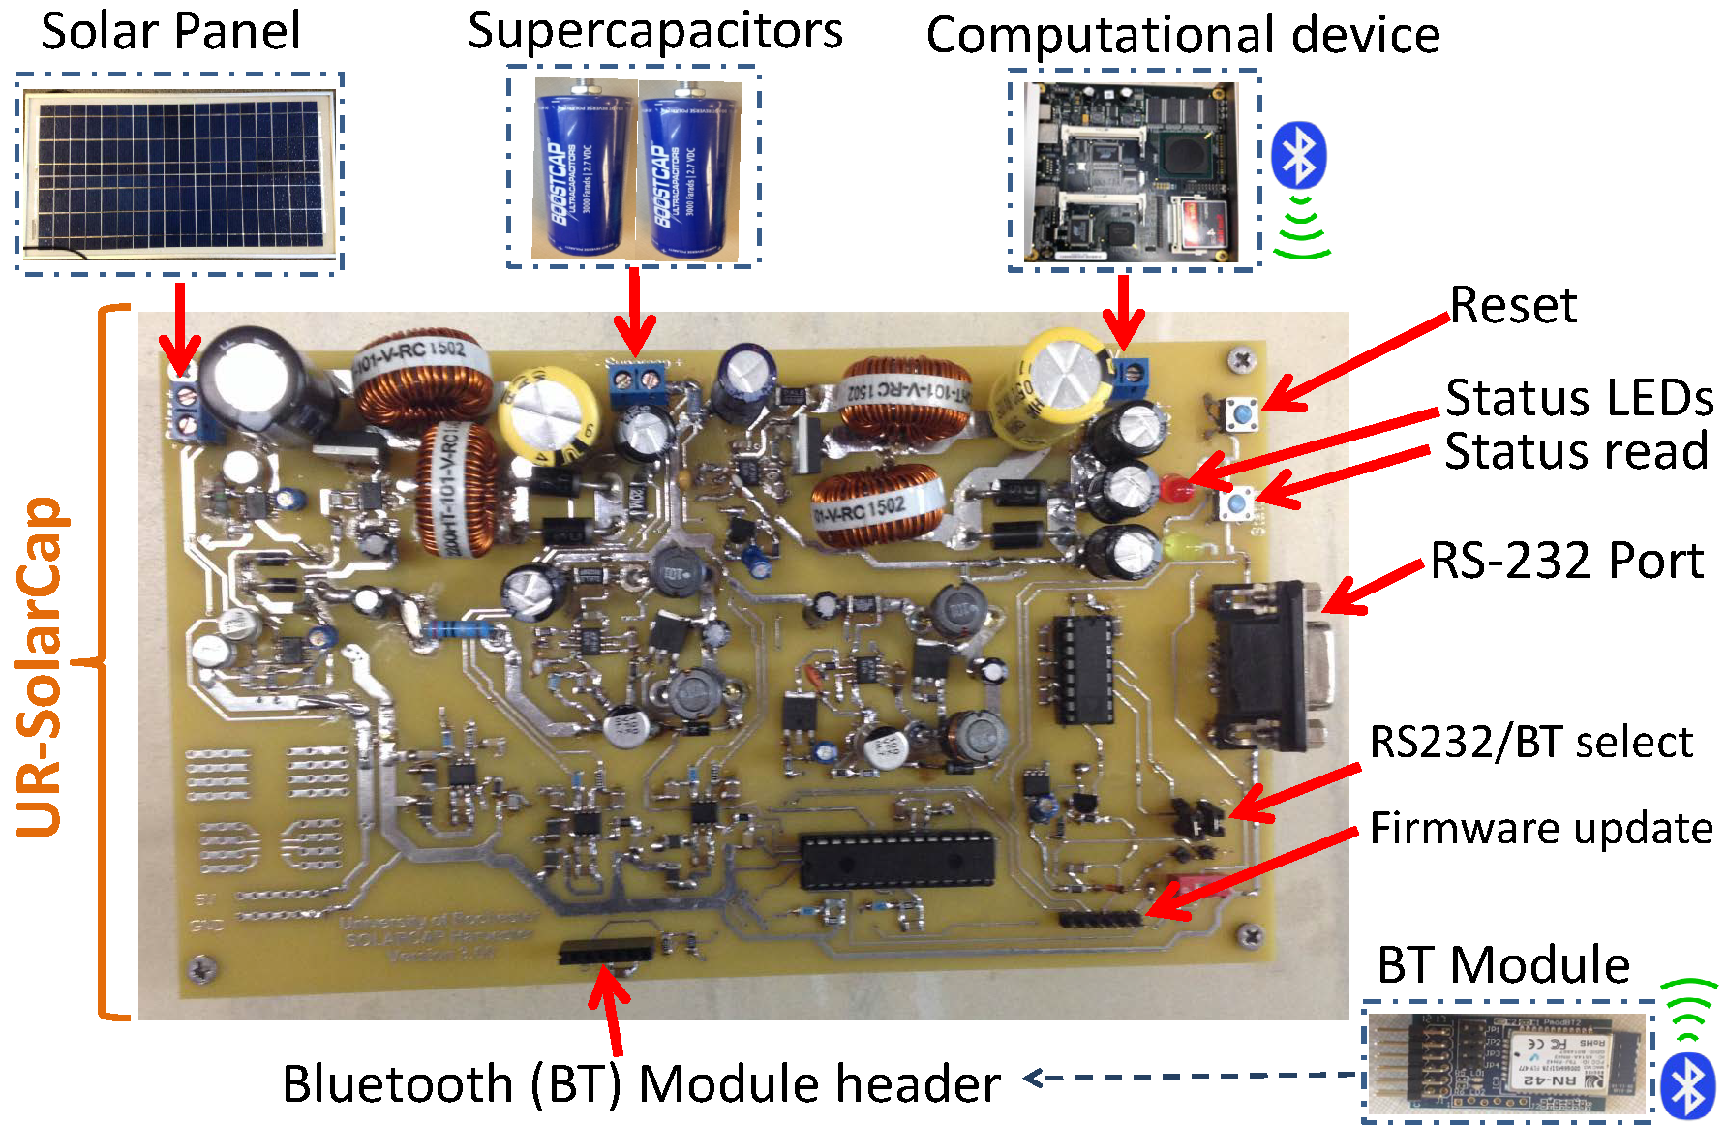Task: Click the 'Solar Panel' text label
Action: point(170,31)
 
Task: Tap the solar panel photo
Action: point(179,171)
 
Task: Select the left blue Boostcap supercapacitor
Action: point(582,170)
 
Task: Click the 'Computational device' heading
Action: point(1182,35)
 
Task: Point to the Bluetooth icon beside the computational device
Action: point(1298,155)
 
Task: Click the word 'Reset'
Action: point(1512,306)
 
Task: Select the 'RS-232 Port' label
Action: point(1566,561)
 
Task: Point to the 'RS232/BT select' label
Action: point(1530,743)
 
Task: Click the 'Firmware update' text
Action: point(1540,829)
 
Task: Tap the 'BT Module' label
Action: point(1502,965)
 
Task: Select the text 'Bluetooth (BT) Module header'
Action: point(641,1083)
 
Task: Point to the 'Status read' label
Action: point(1575,452)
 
